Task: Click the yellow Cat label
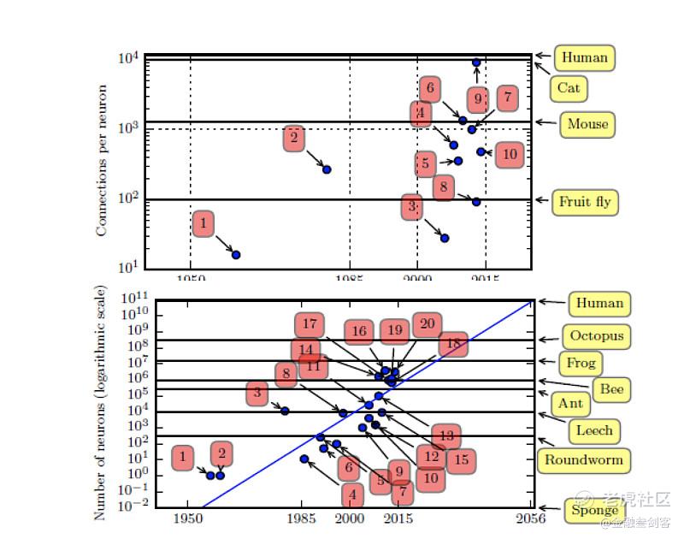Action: coord(569,88)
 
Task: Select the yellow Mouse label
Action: coord(587,124)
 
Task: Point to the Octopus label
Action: coord(596,336)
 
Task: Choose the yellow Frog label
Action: coord(581,363)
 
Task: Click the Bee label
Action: coord(611,389)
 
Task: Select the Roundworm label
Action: coord(584,460)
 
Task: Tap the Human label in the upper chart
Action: coord(585,58)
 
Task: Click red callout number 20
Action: coord(427,324)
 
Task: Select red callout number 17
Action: coord(310,325)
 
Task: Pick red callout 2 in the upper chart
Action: coord(293,138)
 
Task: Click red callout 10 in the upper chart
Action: coord(510,155)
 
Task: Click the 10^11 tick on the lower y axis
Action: coord(134,299)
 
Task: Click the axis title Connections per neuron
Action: coord(102,161)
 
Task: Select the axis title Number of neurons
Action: coord(100,402)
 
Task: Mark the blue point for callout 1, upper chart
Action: coord(236,255)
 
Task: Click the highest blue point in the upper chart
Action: coord(476,62)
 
